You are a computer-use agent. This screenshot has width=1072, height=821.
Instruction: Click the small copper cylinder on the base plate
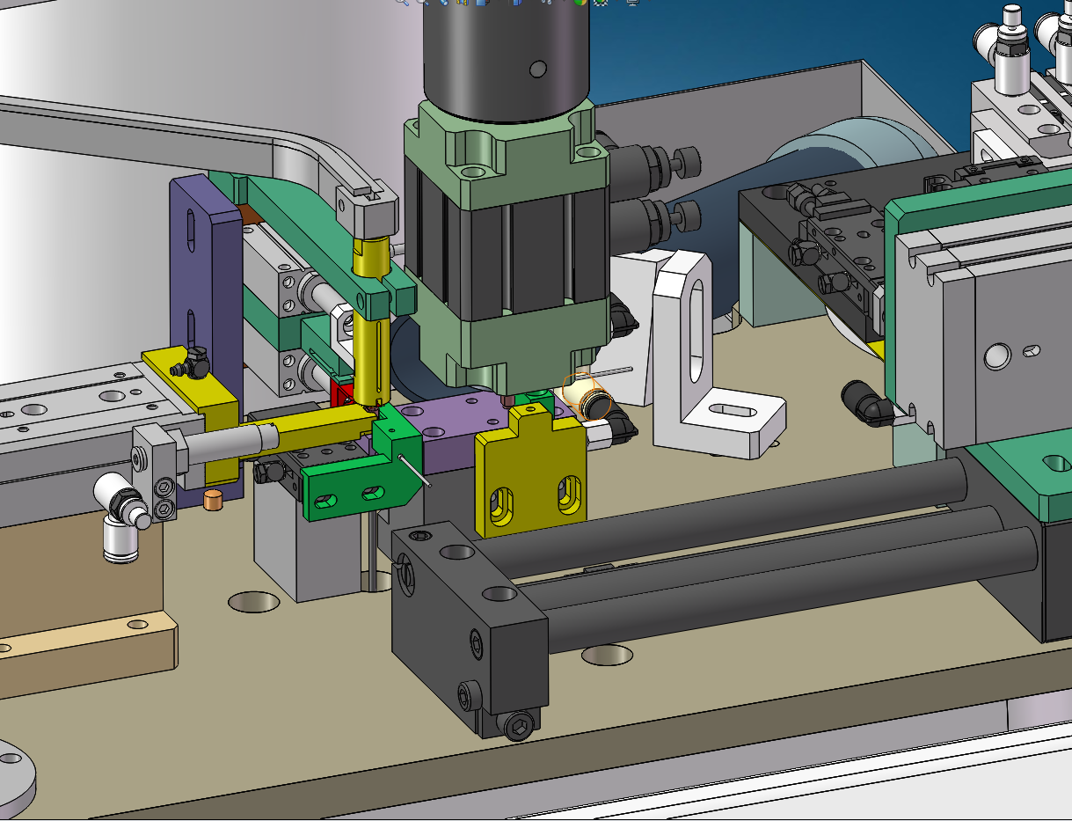(212, 500)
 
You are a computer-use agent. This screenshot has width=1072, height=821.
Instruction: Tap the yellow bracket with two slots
(530, 480)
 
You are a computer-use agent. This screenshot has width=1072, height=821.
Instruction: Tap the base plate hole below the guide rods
(608, 654)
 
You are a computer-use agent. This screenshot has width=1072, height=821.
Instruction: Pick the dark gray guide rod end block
(466, 616)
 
